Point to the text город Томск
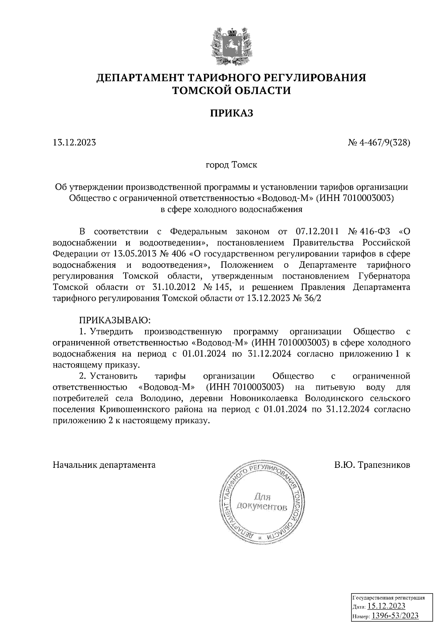231,165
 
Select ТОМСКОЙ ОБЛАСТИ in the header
232,90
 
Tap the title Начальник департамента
104,465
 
